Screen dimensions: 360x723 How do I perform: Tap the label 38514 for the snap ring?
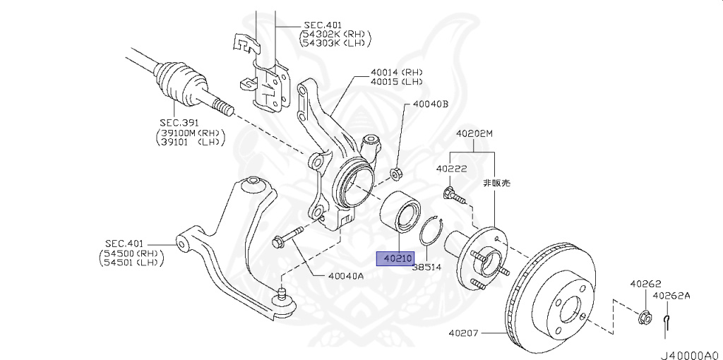coord(426,268)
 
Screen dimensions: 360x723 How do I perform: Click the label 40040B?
coord(431,104)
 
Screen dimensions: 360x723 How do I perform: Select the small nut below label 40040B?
coord(397,172)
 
